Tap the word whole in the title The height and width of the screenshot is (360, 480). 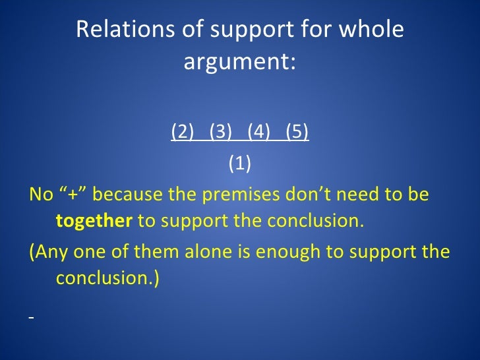click(371, 30)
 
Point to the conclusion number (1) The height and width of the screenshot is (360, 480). click(240, 163)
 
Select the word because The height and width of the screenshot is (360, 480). click(129, 195)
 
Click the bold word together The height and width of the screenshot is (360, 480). click(94, 220)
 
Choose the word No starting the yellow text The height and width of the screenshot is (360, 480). click(40, 195)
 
